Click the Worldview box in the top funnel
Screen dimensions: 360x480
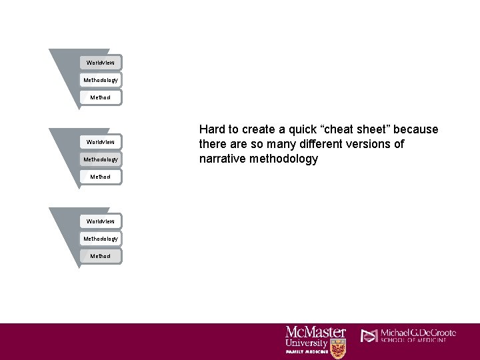[101, 63]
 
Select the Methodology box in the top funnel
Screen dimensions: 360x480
[101, 80]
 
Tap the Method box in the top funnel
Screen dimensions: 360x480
[101, 97]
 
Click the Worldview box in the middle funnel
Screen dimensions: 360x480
[101, 142]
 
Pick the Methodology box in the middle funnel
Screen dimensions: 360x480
[101, 159]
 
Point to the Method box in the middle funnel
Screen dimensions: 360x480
[101, 177]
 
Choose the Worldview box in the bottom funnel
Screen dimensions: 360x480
[101, 221]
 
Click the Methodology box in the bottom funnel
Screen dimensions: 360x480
[101, 239]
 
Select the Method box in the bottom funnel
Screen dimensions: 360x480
[101, 256]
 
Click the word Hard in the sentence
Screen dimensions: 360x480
[213, 129]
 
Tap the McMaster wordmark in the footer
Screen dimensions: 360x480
[315, 332]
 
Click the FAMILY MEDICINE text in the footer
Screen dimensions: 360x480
[306, 351]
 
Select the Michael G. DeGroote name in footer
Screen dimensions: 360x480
[418, 333]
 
